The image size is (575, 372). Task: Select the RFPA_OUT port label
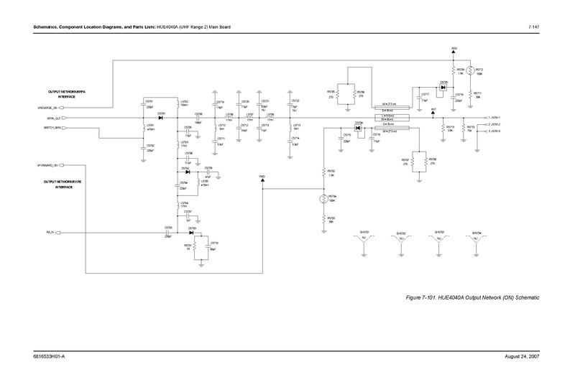(x=52, y=117)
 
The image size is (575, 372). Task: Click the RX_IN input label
(x=50, y=233)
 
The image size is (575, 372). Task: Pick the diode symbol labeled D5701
(x=161, y=117)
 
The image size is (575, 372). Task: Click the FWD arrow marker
(x=262, y=179)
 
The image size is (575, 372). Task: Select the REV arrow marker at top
(x=454, y=53)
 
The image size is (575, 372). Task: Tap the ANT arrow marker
(x=433, y=113)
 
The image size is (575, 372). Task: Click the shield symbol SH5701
(x=364, y=241)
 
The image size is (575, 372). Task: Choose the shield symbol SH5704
(x=476, y=241)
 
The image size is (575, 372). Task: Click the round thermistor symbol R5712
(x=469, y=71)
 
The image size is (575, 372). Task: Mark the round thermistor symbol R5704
(x=323, y=199)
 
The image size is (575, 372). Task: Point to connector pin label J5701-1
(x=497, y=117)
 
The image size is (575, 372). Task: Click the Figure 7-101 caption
(x=472, y=297)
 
